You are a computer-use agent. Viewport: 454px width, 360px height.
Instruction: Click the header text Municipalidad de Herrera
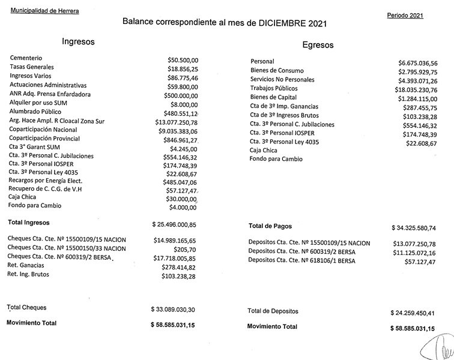coord(44,11)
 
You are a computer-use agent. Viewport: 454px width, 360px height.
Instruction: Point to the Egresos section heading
coord(318,45)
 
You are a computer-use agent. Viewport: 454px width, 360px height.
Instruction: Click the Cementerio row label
coord(26,58)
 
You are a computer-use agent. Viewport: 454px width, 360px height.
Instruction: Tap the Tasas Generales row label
coord(32,67)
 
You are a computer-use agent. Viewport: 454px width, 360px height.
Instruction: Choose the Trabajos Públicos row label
coord(273,88)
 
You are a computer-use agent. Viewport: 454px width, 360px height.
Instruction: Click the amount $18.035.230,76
coord(414,89)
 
